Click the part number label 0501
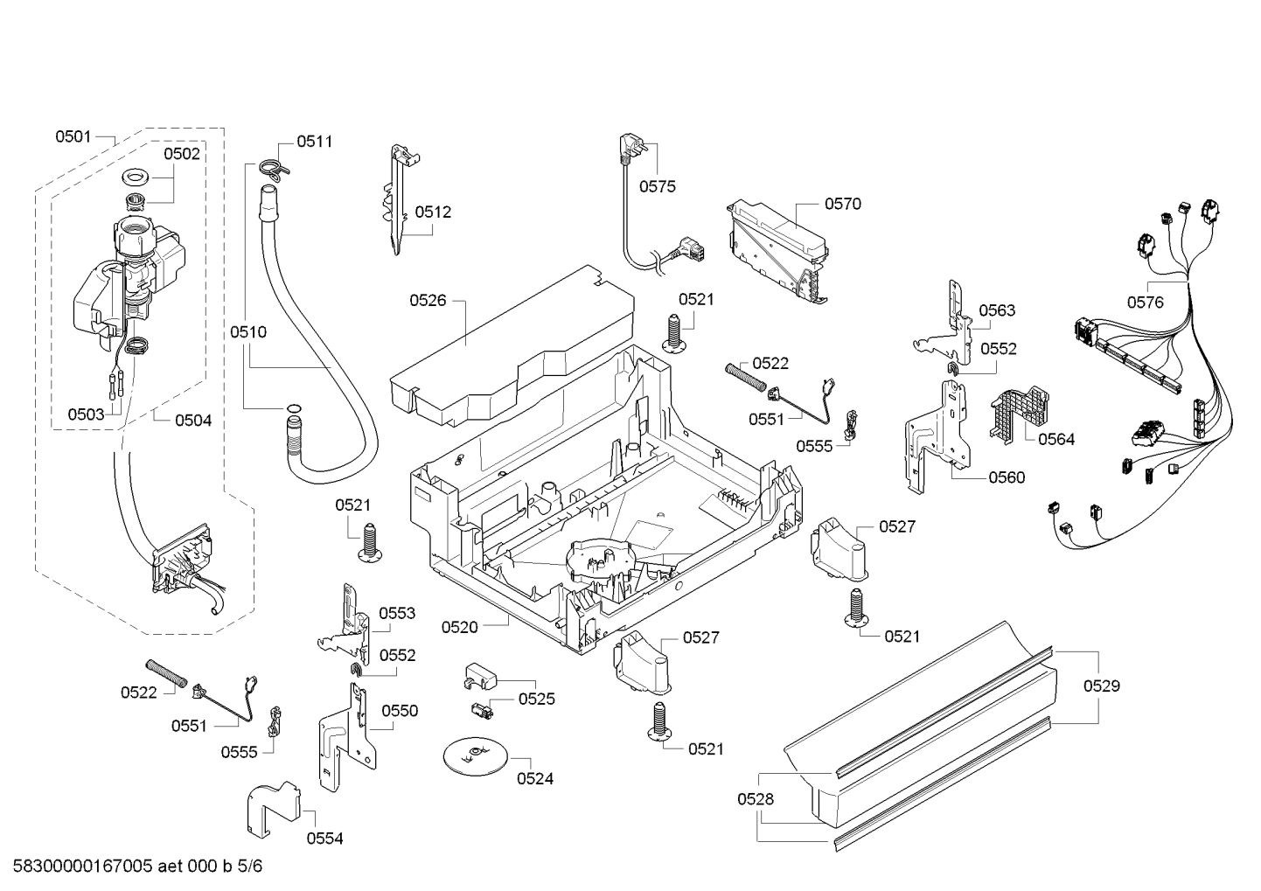point(73,136)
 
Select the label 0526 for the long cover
point(428,301)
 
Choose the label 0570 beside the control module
point(843,204)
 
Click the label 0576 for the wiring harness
point(1145,303)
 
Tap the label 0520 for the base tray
point(459,627)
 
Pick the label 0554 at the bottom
point(324,839)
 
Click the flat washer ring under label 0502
point(134,179)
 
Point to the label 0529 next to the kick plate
point(1102,686)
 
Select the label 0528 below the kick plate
point(756,799)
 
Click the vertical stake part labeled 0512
point(401,200)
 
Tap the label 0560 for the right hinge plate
point(1007,478)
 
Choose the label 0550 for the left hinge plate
point(400,711)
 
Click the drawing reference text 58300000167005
point(82,866)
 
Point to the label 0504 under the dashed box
point(193,421)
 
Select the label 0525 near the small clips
point(536,699)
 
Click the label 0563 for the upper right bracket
point(997,310)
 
